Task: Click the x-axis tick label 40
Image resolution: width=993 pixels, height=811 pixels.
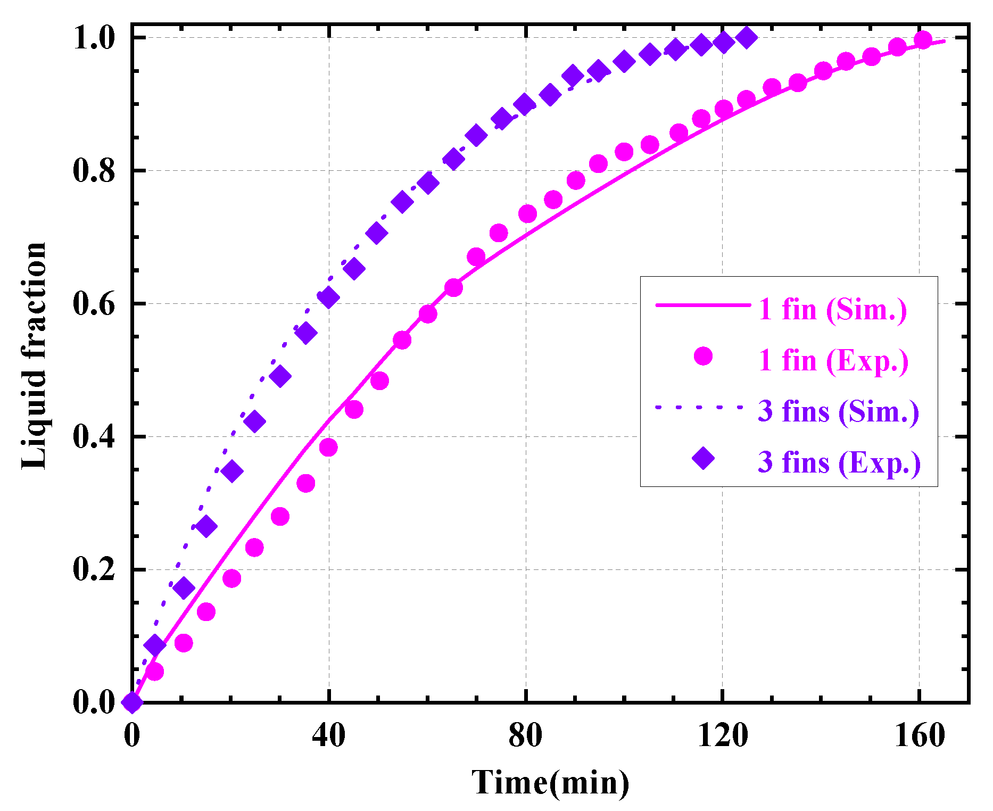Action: [328, 736]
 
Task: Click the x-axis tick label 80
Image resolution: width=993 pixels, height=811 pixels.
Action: [525, 736]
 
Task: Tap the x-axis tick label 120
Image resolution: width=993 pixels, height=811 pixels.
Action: [722, 736]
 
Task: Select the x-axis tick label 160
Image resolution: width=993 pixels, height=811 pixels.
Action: [919, 736]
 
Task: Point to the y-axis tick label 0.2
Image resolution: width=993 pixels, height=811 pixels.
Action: [94, 570]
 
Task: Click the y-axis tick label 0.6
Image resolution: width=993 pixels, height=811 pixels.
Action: [94, 304]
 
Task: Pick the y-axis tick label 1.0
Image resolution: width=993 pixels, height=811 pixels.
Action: [94, 38]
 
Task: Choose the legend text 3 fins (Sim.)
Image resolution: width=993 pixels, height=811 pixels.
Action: [838, 411]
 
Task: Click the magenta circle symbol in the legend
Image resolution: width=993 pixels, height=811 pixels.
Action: [703, 356]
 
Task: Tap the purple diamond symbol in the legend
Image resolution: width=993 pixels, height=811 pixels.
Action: [703, 458]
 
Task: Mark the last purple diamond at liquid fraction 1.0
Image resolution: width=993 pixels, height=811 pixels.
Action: [747, 38]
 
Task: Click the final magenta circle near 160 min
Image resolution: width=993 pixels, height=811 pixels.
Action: [923, 40]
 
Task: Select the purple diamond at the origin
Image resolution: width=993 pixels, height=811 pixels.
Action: [132, 702]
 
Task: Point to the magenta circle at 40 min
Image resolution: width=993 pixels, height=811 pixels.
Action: [328, 448]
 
